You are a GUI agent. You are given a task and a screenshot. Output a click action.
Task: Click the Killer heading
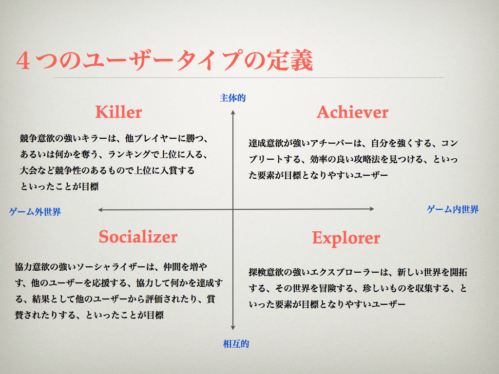coord(118,112)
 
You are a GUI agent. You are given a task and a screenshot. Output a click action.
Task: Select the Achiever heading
coord(352,112)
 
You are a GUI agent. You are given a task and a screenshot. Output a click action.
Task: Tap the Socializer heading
coord(138,237)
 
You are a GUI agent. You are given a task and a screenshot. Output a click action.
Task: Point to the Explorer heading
coord(346,238)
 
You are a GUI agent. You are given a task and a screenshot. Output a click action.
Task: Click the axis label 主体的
coord(232,98)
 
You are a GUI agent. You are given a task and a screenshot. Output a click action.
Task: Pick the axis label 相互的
coord(236,344)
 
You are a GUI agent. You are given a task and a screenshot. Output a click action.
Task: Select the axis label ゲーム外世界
coord(35,212)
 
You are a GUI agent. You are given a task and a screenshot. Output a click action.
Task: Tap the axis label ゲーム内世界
coord(453,209)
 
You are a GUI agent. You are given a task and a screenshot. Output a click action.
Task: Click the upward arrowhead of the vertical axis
coord(233,112)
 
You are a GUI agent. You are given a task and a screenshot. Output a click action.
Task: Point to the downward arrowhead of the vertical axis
coord(233,328)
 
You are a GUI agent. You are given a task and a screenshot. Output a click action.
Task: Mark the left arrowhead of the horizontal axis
coord(100,209)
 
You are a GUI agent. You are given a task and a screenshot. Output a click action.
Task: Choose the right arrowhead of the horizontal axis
coord(372,209)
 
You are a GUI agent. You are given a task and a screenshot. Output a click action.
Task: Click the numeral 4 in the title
coord(23,61)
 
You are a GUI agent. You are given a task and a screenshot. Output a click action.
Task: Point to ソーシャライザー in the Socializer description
coord(111,267)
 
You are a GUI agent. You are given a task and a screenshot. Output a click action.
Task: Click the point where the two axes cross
coord(233,209)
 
